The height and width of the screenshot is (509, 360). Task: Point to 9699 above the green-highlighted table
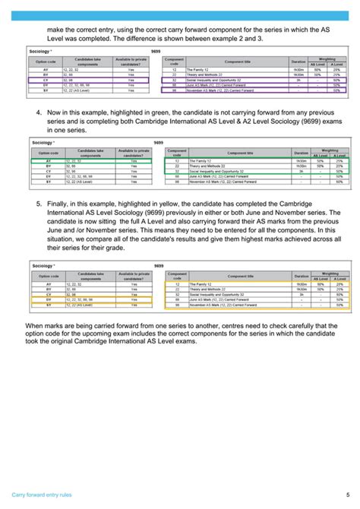point(158,142)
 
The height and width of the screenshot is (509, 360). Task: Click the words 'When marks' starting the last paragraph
point(45,324)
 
